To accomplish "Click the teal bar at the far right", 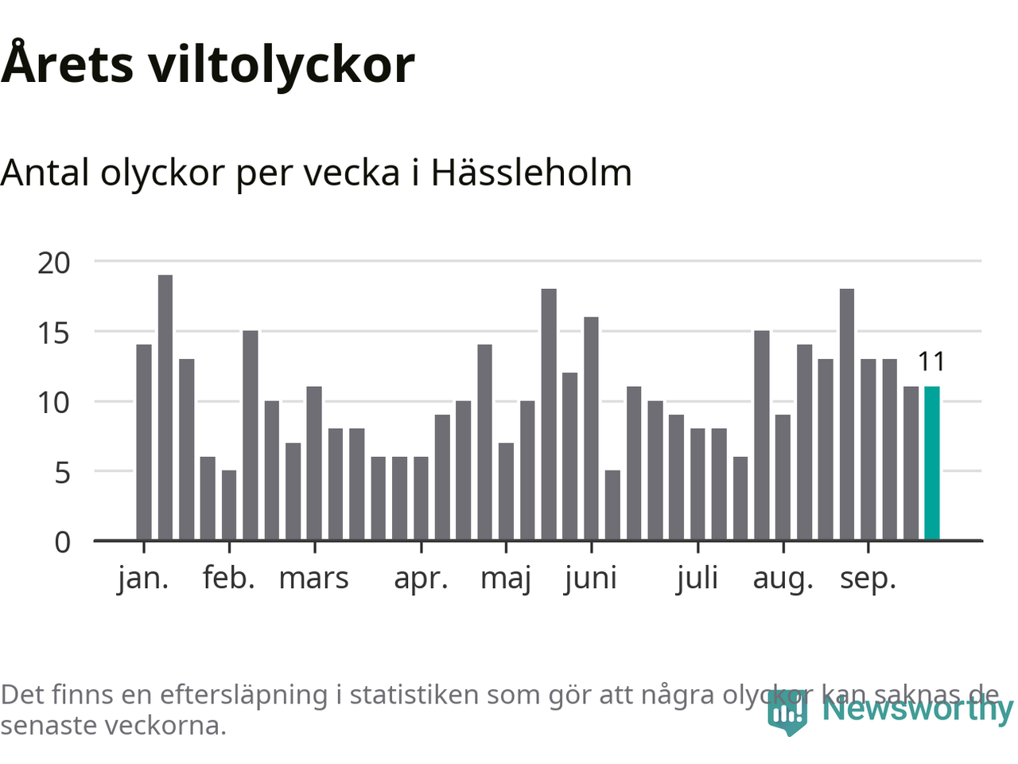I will (x=931, y=463).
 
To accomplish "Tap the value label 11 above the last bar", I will (x=931, y=362).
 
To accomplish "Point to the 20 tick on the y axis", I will (x=54, y=263).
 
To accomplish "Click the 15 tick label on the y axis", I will (x=54, y=333).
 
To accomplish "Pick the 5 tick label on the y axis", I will (x=62, y=473).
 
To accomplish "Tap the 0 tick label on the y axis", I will (x=62, y=543).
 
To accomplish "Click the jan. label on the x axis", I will (x=143, y=579).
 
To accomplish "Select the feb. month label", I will (x=229, y=579).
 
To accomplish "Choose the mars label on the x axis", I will (x=313, y=579).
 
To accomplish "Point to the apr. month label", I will (x=421, y=579).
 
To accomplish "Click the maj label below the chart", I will (x=506, y=579).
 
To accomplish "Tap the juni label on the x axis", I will (x=591, y=579).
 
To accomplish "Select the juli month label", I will (x=697, y=579).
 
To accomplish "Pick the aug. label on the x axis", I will (x=783, y=579).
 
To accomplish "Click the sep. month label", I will (x=868, y=579).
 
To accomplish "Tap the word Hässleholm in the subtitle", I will (x=531, y=173).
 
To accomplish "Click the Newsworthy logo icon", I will (x=787, y=711).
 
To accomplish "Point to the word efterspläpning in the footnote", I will (x=243, y=695).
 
